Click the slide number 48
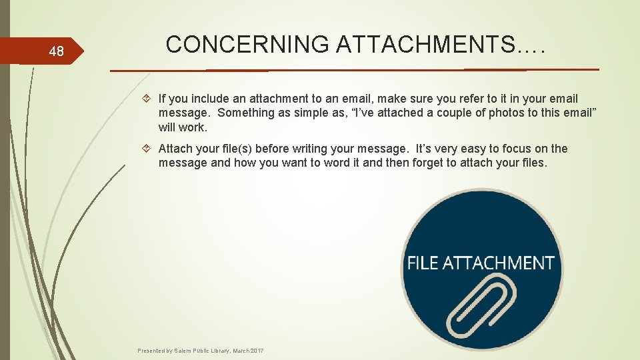tap(56, 51)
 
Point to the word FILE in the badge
tap(423, 263)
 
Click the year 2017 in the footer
tap(257, 351)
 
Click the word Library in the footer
tap(217, 351)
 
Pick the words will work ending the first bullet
tap(183, 126)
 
